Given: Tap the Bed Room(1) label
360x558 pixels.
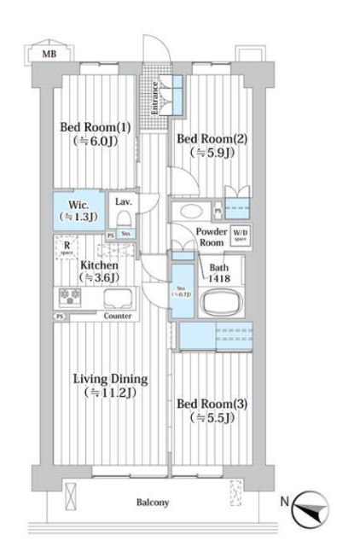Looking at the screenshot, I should point(95,127).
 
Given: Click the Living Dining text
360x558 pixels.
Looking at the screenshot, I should point(110,379).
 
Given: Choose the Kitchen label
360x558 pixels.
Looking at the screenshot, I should point(98,264).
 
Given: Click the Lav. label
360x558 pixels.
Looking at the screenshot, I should point(122,202).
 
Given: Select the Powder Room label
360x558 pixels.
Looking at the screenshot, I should point(210,236).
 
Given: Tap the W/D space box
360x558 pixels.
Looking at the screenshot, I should point(241,235).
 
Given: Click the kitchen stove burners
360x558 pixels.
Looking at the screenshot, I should point(69,297).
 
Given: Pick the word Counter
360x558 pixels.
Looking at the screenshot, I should point(117,316).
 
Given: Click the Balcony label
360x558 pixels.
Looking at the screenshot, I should point(153,503).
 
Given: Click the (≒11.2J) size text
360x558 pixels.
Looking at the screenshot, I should point(110,393).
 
